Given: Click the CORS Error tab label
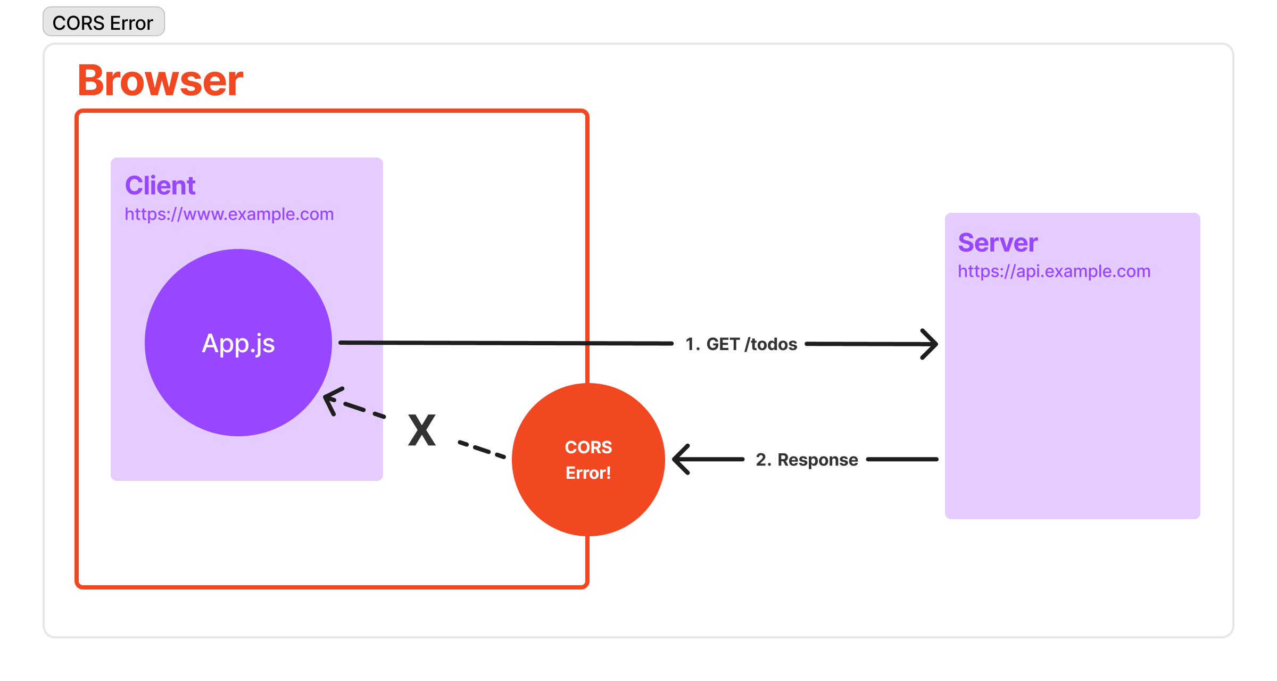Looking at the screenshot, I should (103, 22).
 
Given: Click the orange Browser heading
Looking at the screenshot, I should (160, 80).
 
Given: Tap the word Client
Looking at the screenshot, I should (160, 186).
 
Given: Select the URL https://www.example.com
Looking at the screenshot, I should (229, 214).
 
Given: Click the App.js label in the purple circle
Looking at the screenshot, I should (238, 343).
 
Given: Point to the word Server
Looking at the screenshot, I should (998, 243).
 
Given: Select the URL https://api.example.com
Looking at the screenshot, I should (1054, 271).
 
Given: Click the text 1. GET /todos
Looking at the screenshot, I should (741, 344).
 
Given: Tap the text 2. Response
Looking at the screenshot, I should (807, 460).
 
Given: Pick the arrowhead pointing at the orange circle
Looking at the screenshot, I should (681, 459).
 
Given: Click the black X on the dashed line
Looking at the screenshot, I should (422, 430).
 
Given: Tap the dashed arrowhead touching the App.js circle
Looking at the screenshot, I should (332, 400).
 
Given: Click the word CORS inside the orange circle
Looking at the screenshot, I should (588, 447).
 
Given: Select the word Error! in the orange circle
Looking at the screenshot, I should (588, 472).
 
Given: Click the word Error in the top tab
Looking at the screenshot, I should (131, 23).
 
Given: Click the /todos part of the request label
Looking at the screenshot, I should (771, 344).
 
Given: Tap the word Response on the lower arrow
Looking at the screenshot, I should (818, 460).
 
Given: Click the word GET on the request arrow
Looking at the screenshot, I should (723, 344).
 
